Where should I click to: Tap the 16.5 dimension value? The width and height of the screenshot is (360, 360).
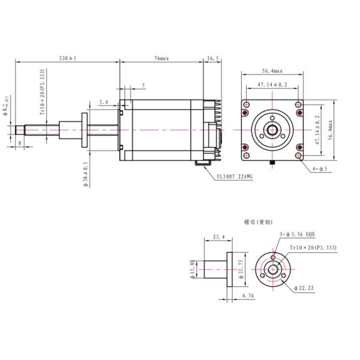click(x=213, y=58)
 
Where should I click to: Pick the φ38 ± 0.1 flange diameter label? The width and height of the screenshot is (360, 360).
click(x=85, y=175)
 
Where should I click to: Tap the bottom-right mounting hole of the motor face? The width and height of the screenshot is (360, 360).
click(x=299, y=158)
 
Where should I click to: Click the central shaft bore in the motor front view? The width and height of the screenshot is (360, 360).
click(x=272, y=130)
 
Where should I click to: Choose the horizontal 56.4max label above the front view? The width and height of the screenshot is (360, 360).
click(x=272, y=70)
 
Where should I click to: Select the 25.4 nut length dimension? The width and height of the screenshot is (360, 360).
click(x=219, y=238)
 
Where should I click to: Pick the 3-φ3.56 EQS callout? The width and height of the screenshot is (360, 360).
click(x=298, y=235)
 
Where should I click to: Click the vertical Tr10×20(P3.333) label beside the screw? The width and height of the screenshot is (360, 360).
click(x=41, y=92)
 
